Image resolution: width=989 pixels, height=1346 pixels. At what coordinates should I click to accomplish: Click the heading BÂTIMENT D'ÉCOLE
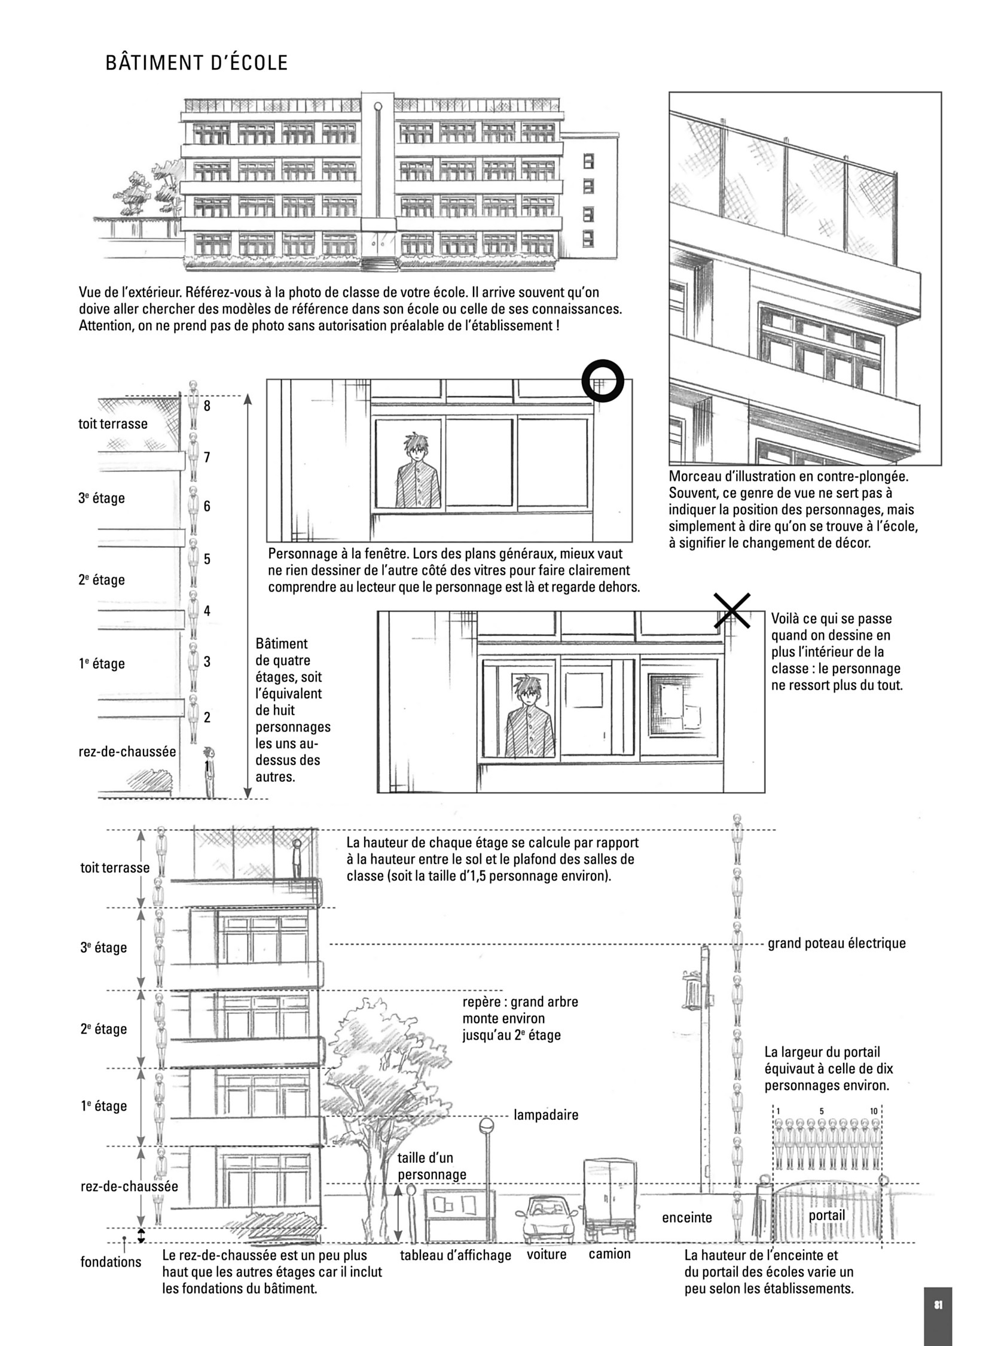point(196,63)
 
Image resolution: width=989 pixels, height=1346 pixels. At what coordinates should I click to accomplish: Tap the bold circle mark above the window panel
point(603,381)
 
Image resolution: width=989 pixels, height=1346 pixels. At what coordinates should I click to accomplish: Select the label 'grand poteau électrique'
point(837,943)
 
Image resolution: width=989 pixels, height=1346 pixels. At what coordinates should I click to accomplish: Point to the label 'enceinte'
point(686,1218)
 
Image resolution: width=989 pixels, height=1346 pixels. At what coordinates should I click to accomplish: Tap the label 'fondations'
point(111,1262)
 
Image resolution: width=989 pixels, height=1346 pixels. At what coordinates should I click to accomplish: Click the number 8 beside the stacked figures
point(207,406)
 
